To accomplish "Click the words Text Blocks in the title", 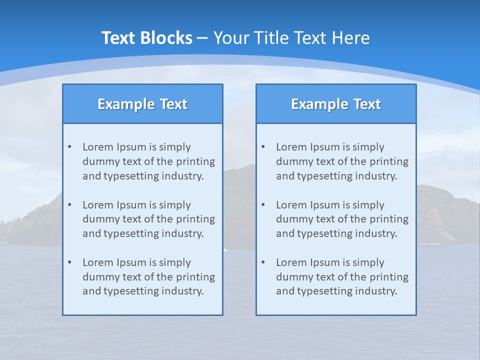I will tap(146, 38).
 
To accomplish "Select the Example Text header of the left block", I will tap(142, 104).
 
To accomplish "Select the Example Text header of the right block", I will tap(336, 104).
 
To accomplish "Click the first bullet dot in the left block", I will tap(69, 147).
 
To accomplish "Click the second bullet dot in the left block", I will tap(69, 205).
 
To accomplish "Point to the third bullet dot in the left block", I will tap(69, 262).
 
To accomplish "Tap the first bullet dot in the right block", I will tap(263, 147).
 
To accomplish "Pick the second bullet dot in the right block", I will tap(263, 205).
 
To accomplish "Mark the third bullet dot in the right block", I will tap(263, 262).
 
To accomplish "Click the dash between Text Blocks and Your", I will tap(202, 38).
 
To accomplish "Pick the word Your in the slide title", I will tap(231, 38).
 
